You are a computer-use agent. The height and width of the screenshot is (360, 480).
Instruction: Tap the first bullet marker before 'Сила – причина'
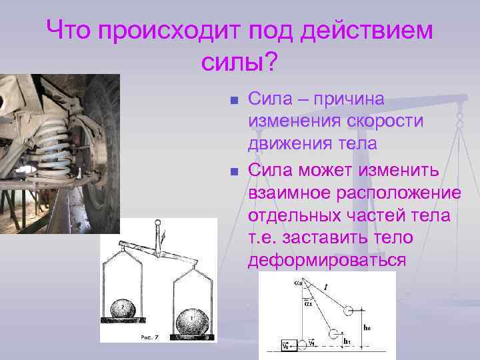pyautogui.click(x=233, y=101)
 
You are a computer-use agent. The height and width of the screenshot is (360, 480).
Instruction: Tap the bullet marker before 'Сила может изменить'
pyautogui.click(x=233, y=172)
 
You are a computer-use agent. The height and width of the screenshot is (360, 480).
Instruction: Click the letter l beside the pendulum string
pyautogui.click(x=324, y=287)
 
